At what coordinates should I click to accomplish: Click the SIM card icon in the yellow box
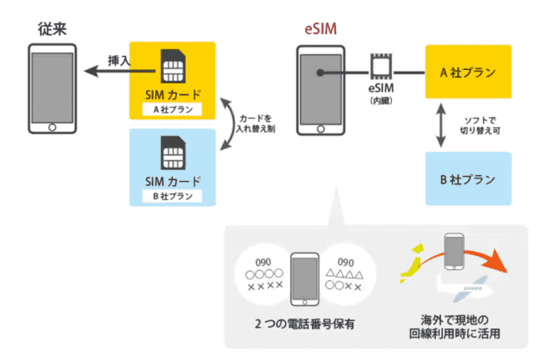pos(173,66)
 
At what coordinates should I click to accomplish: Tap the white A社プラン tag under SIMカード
pos(173,108)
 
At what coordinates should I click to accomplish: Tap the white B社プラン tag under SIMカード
pos(173,196)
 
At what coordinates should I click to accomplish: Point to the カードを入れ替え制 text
pos(257,124)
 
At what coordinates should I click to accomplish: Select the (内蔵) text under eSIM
pos(380,100)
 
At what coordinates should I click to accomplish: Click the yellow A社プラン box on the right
pos(467,73)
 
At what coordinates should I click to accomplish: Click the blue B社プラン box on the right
pos(467,178)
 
